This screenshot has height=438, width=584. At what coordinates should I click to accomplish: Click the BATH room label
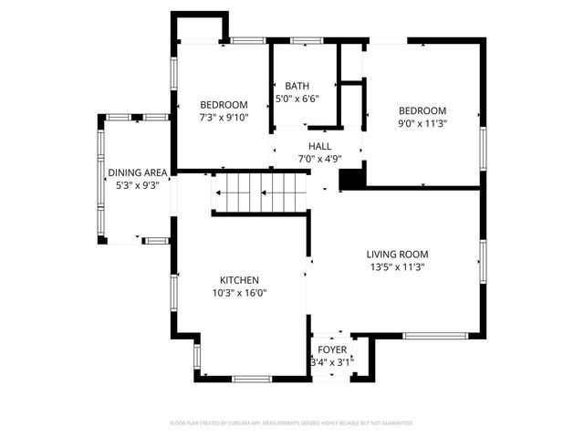(x=297, y=86)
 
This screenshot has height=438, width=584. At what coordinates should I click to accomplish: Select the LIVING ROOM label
(x=397, y=255)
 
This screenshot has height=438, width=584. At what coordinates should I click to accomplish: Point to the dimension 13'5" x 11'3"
(x=397, y=267)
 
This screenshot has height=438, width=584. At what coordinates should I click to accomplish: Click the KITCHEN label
(x=239, y=280)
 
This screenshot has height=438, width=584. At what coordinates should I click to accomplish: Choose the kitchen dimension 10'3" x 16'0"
(x=239, y=293)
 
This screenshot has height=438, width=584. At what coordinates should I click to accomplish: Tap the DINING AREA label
(x=137, y=172)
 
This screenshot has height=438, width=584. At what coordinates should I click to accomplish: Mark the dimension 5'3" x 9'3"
(x=137, y=185)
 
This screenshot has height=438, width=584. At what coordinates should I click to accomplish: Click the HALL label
(x=319, y=146)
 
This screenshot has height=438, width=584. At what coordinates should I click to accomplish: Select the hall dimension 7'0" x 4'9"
(x=319, y=159)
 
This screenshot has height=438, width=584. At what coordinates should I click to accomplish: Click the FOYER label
(x=331, y=349)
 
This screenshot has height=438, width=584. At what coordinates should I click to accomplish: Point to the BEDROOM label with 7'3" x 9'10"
(x=224, y=105)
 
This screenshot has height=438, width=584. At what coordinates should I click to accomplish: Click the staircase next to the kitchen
(x=260, y=193)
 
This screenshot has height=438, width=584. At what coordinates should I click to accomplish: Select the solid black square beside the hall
(x=352, y=178)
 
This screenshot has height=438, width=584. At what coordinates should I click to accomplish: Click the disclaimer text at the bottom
(x=292, y=423)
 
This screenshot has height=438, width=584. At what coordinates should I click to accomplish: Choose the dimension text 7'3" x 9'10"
(x=224, y=118)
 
